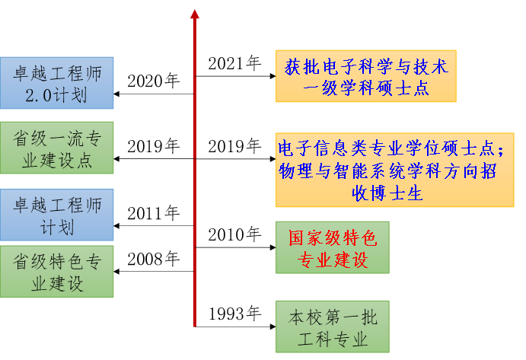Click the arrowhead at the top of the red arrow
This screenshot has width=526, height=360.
coord(195,14)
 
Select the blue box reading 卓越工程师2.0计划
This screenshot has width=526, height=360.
coord(57,83)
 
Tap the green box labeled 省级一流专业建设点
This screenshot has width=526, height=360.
coord(57,148)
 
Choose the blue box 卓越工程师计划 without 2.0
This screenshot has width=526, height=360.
coord(57,215)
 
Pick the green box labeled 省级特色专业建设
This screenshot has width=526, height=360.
coord(57,272)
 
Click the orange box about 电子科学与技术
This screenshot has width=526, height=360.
coord(366,76)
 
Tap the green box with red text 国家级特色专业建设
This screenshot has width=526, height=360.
coord(333,248)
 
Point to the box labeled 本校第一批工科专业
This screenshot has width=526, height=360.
coord(333,327)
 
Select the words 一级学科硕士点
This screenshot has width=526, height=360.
coord(366,88)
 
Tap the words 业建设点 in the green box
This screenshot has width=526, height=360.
coord(57,160)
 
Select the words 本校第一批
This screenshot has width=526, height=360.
coord(333,316)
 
